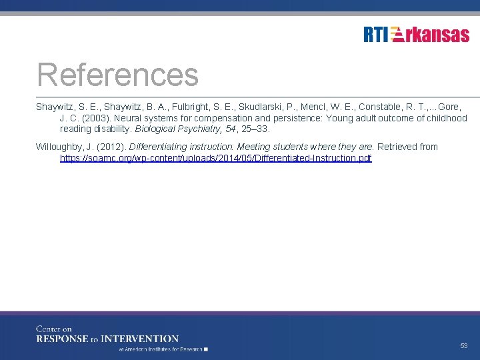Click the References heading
(x=118, y=75)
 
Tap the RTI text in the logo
(x=375, y=35)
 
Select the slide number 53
(x=463, y=346)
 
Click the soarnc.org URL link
(x=216, y=158)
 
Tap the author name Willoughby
(x=59, y=147)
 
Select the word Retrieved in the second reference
(x=398, y=147)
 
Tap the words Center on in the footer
(x=54, y=329)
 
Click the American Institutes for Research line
(x=163, y=349)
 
